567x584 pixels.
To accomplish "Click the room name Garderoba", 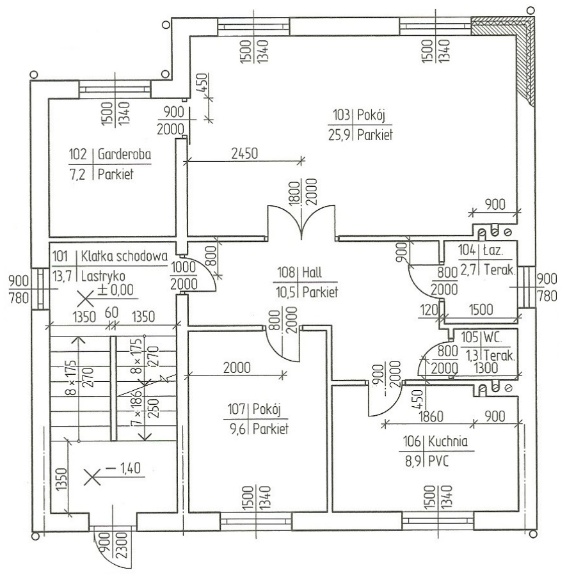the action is point(124,154).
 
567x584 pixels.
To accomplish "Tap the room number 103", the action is point(341,114).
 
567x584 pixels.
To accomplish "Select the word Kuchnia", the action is point(447,441).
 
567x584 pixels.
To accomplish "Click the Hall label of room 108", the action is point(312,272).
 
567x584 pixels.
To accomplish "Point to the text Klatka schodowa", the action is point(124,256).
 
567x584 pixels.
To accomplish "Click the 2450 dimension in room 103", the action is point(244,153).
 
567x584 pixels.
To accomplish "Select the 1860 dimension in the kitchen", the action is point(431,416).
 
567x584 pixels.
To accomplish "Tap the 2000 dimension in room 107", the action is point(237,368).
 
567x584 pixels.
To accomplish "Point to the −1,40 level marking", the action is point(123,468).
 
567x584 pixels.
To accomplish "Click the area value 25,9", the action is point(339,134).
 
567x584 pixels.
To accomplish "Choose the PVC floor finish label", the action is point(438,461).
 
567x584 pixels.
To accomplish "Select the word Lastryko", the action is point(103,276).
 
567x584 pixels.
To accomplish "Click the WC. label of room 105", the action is point(492,338).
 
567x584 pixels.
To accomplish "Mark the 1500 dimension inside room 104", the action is point(481,310).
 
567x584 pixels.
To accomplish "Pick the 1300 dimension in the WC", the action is point(486,368).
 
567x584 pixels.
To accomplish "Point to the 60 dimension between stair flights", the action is point(111,313).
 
